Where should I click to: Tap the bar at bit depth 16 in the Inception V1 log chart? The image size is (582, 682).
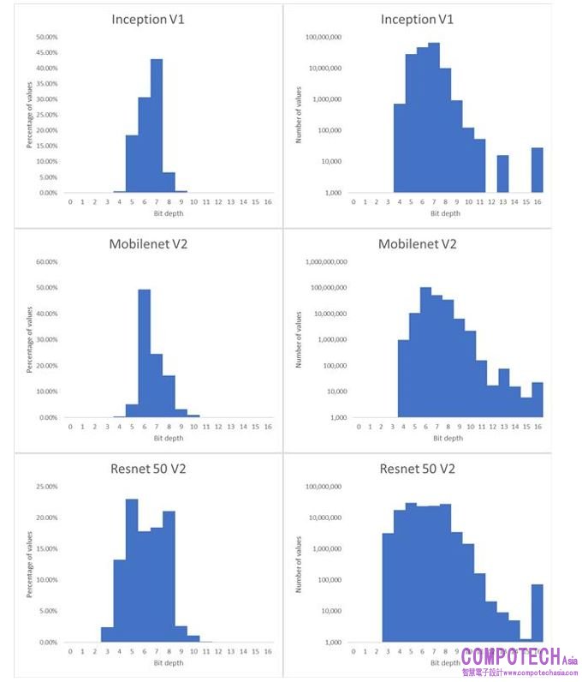pyautogui.click(x=537, y=170)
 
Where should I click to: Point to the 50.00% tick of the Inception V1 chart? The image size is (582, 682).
pyautogui.click(x=46, y=37)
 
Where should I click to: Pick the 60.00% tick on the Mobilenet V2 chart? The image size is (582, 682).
pyautogui.click(x=46, y=262)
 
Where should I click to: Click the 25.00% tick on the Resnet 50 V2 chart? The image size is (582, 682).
pyautogui.click(x=46, y=487)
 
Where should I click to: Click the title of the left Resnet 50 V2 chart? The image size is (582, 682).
pyautogui.click(x=150, y=469)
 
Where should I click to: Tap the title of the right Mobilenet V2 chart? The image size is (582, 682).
pyautogui.click(x=418, y=244)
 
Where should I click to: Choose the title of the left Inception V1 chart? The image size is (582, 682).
pyautogui.click(x=150, y=19)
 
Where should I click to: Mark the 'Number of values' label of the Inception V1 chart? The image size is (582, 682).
pyautogui.click(x=299, y=115)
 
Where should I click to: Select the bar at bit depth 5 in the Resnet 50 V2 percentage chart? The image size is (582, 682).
pyautogui.click(x=132, y=571)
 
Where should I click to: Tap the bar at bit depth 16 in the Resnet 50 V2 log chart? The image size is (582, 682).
pyautogui.click(x=537, y=613)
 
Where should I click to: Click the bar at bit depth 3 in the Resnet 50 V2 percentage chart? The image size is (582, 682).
pyautogui.click(x=107, y=635)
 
